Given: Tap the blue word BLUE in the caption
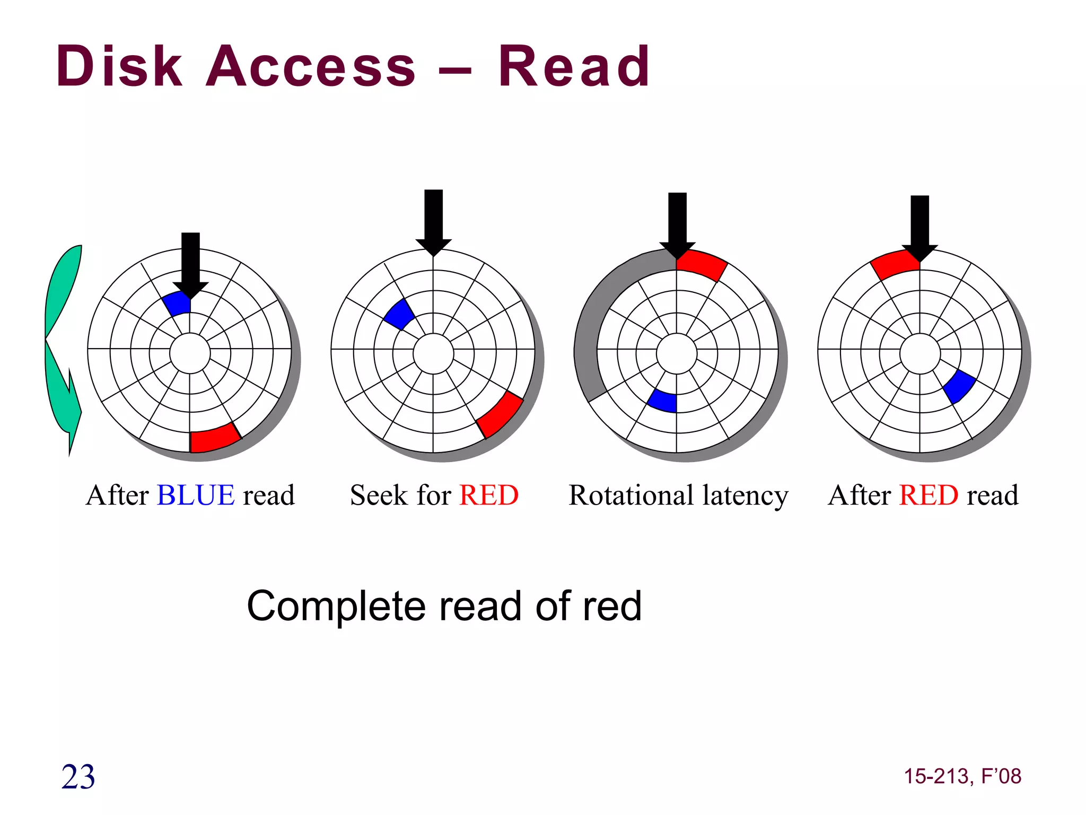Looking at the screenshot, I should click(x=196, y=495).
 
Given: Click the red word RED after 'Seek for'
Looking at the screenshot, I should click(x=488, y=495).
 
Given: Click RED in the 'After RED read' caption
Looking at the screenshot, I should click(x=929, y=495).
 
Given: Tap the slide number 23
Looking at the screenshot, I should click(x=78, y=777).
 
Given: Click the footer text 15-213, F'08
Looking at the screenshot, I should click(x=962, y=776).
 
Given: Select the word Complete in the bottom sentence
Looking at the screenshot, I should click(x=336, y=606).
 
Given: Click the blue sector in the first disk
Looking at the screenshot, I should click(x=177, y=304).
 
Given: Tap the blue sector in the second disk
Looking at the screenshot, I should click(x=399, y=315).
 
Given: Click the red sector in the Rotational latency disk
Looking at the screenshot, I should click(x=700, y=264).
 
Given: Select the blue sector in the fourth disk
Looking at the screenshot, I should click(x=959, y=386).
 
